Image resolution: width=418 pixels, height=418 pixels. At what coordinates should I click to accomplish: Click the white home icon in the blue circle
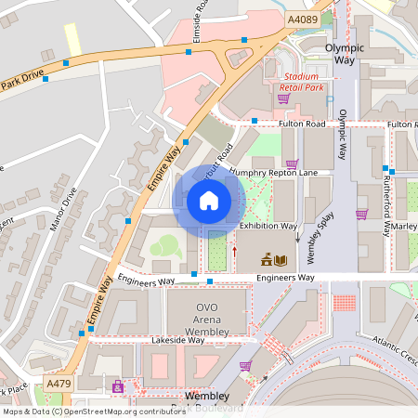pyautogui.click(x=209, y=200)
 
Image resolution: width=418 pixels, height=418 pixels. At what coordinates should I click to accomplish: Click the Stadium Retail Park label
pyautogui.click(x=302, y=82)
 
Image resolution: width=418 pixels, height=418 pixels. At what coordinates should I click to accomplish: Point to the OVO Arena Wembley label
pyautogui.click(x=207, y=319)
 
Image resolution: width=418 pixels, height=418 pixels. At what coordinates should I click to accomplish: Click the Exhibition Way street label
pyautogui.click(x=268, y=226)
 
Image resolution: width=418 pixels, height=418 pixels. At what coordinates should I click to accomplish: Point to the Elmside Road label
pyautogui.click(x=197, y=24)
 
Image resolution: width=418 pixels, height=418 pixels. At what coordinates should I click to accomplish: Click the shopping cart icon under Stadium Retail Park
pyautogui.click(x=283, y=98)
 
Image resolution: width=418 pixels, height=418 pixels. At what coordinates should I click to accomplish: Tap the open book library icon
pyautogui.click(x=281, y=260)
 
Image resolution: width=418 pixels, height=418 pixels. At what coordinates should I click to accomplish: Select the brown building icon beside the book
pyautogui.click(x=265, y=260)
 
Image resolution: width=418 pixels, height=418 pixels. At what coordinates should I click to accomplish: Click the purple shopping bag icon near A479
pyautogui.click(x=117, y=385)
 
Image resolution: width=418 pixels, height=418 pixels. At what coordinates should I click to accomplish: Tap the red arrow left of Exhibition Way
pyautogui.click(x=234, y=250)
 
